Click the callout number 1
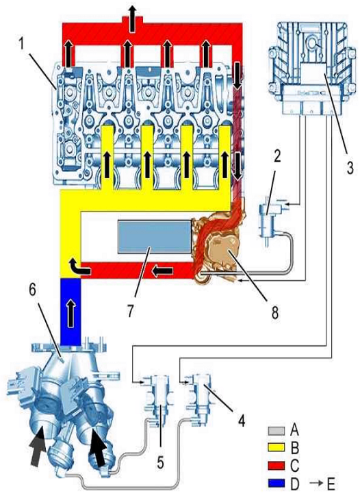pos(21,45)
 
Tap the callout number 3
pos(350,167)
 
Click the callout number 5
pos(160,462)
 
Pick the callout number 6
pos(32,290)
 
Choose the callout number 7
pos(131,310)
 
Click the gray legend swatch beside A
pos(277,431)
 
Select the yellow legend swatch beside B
pos(277,447)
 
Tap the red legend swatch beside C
pos(277,465)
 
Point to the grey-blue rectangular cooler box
pos(155,237)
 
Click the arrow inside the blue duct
pos(71,314)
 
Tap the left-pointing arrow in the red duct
pos(163,271)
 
